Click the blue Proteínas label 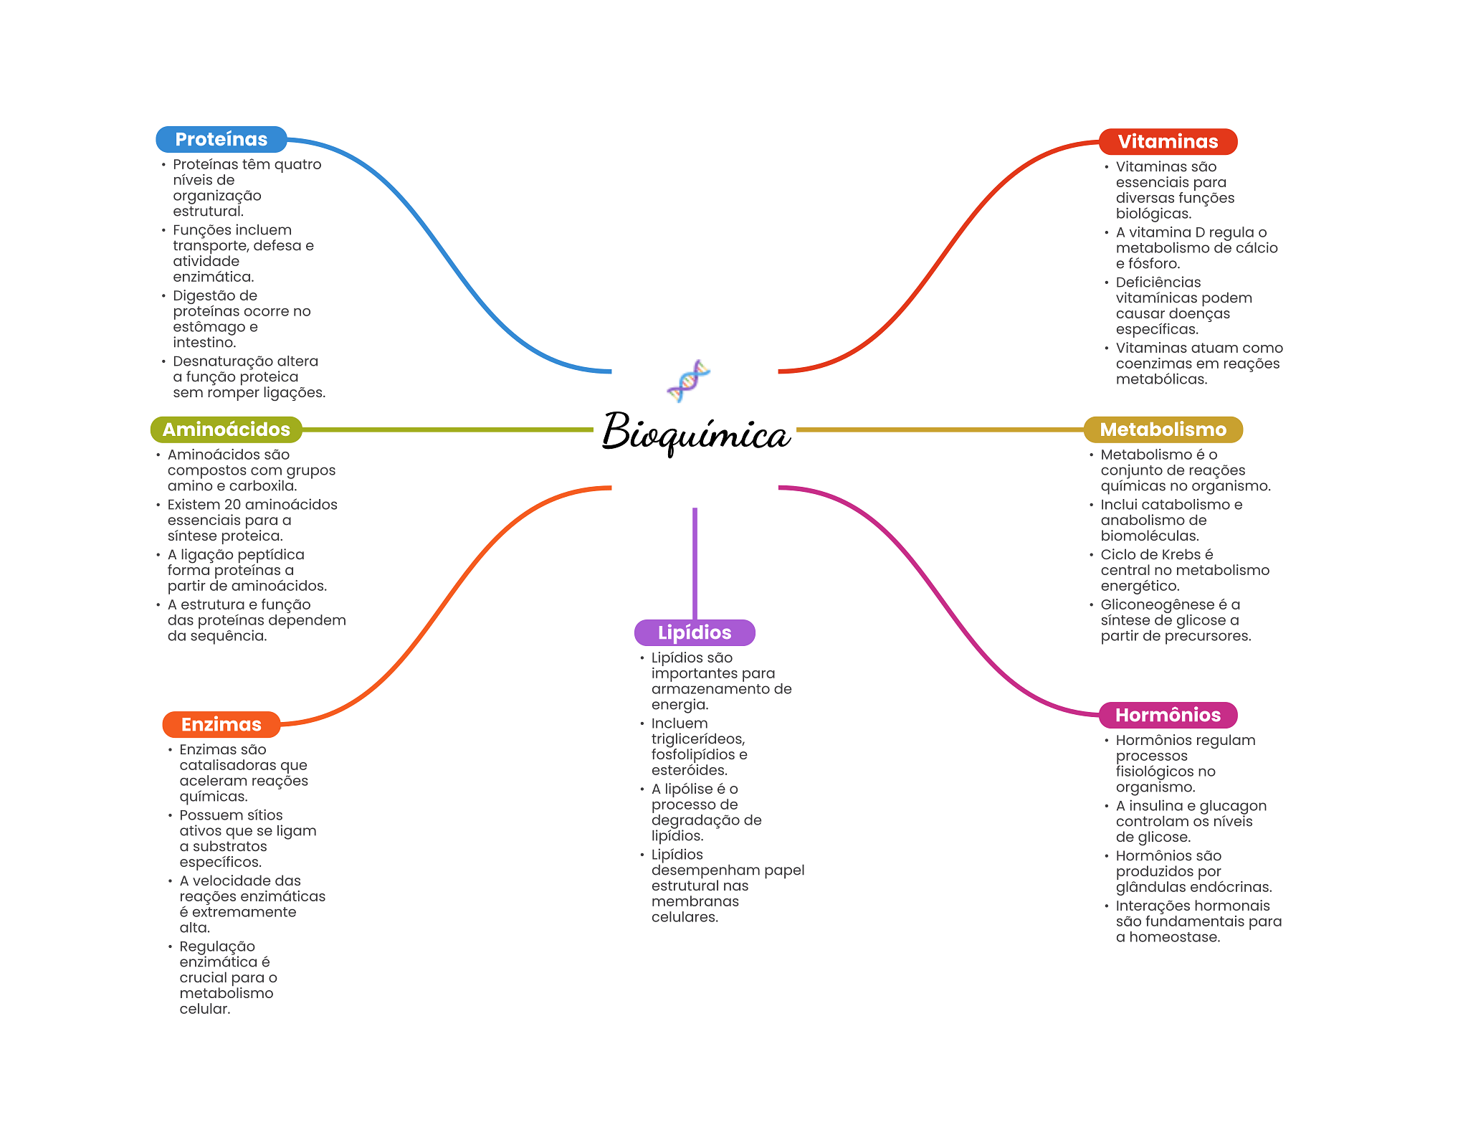click(x=221, y=139)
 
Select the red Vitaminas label click(x=1168, y=141)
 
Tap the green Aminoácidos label click(x=226, y=429)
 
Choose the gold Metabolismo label click(x=1163, y=429)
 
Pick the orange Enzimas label click(x=221, y=724)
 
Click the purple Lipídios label click(x=695, y=632)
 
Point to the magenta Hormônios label click(x=1168, y=715)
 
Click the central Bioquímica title click(x=695, y=432)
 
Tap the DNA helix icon click(x=688, y=381)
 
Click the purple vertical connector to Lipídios click(x=695, y=564)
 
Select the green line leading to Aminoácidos click(x=447, y=430)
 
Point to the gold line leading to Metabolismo click(x=940, y=430)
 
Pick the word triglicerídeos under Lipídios click(x=698, y=739)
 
